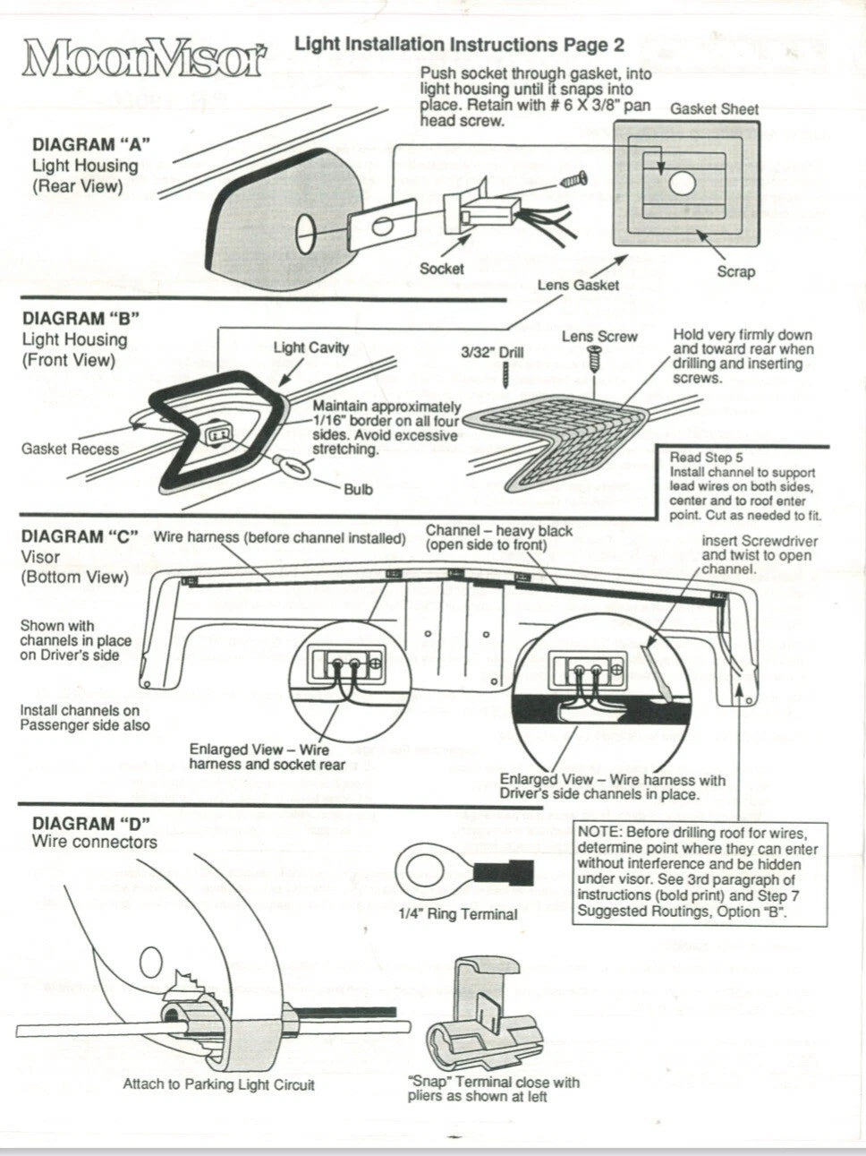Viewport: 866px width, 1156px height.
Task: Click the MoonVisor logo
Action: pyautogui.click(x=147, y=58)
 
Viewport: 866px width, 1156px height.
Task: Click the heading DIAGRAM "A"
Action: pyautogui.click(x=91, y=144)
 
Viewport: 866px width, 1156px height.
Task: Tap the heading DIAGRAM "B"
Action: pyautogui.click(x=81, y=318)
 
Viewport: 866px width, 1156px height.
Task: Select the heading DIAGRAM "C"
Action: pyautogui.click(x=80, y=536)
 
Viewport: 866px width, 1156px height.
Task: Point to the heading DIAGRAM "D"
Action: pyautogui.click(x=91, y=823)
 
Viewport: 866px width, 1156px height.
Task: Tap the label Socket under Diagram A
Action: pyautogui.click(x=442, y=269)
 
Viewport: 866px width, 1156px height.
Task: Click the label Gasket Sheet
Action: pyautogui.click(x=714, y=109)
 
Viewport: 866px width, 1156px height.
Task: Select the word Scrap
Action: pyautogui.click(x=735, y=271)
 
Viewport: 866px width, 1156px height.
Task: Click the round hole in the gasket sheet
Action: pyautogui.click(x=683, y=184)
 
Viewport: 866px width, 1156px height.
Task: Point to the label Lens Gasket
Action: pyautogui.click(x=578, y=285)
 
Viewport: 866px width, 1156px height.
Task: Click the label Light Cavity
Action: pyautogui.click(x=310, y=347)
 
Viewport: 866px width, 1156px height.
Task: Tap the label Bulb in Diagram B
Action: pyautogui.click(x=359, y=489)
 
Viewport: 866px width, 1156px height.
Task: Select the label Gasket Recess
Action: pyautogui.click(x=71, y=449)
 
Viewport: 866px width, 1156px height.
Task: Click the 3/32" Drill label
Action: pyautogui.click(x=492, y=352)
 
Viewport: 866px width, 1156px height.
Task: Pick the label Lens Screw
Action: pyautogui.click(x=599, y=337)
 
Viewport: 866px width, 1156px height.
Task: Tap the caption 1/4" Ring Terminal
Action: pyautogui.click(x=458, y=914)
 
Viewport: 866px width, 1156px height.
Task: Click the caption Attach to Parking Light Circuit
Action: pyautogui.click(x=218, y=1084)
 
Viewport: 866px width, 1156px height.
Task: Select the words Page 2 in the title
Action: pyautogui.click(x=594, y=45)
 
